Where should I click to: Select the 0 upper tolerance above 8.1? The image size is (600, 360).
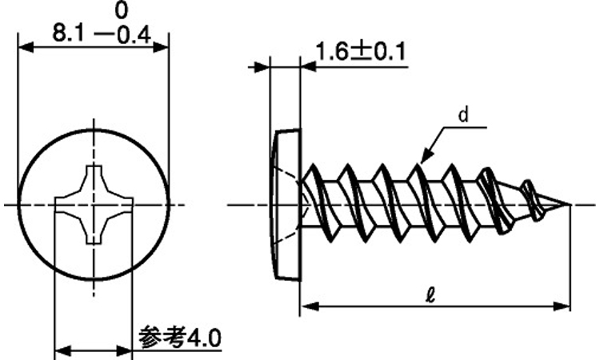[121, 10]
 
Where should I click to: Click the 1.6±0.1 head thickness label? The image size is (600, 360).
[360, 52]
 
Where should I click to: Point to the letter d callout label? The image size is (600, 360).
[463, 114]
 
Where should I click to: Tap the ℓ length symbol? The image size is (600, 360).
[430, 295]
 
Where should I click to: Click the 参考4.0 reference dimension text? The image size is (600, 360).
[180, 338]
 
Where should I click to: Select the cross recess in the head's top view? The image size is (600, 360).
[94, 205]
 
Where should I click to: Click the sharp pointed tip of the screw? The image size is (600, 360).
[570, 205]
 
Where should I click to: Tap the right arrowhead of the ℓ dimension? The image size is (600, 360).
[562, 306]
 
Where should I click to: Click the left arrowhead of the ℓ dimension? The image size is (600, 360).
[310, 306]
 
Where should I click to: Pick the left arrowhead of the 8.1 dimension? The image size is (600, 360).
[26, 48]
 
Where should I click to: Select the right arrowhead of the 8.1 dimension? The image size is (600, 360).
[160, 48]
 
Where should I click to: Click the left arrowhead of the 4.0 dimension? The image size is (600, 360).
[63, 350]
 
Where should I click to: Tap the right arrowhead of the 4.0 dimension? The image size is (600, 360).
[124, 350]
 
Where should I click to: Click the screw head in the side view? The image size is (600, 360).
[287, 206]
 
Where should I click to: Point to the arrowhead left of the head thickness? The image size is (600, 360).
[261, 67]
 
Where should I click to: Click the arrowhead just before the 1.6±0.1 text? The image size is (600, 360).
[309, 67]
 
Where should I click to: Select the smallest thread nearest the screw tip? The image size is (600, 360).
[533, 201]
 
